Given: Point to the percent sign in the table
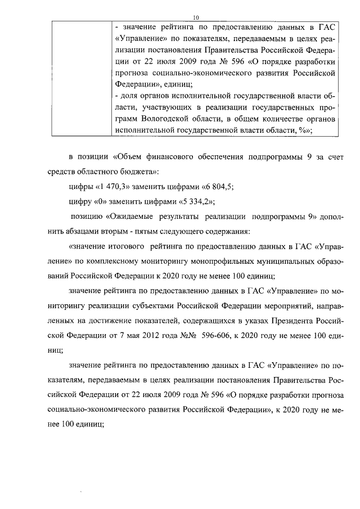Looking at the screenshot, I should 304,129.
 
